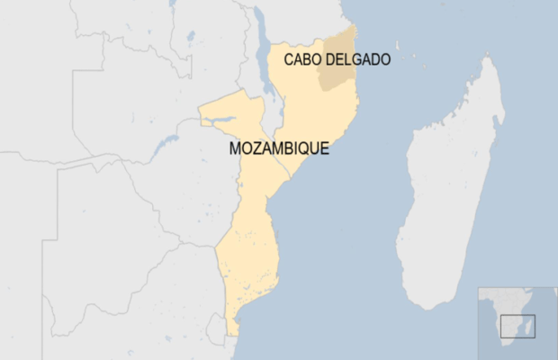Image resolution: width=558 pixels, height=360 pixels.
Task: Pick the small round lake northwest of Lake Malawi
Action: coord(191,37)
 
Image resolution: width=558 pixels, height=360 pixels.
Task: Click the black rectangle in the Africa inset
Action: coord(518,326)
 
